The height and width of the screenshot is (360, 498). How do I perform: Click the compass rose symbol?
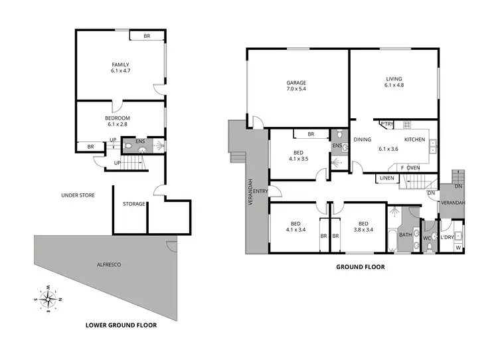[x=48, y=299]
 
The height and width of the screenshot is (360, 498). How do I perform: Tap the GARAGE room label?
[x=296, y=83]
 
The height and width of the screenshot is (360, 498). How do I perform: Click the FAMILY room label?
[x=120, y=64]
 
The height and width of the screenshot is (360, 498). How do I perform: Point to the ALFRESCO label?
[x=108, y=264]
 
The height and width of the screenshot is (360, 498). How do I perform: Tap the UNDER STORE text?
[x=78, y=195]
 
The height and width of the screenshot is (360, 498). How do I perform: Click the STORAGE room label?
[x=133, y=204]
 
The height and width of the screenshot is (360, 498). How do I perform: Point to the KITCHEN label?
[x=414, y=139]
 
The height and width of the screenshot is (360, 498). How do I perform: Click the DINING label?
[x=362, y=139]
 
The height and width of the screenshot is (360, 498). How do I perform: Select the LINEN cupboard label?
[x=386, y=178]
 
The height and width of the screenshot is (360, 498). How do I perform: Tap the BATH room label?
[x=404, y=234]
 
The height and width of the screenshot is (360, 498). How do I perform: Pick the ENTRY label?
[x=260, y=191]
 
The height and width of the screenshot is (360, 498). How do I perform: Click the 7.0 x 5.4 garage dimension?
[x=296, y=90]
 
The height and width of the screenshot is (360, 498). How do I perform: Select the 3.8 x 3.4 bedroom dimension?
[x=363, y=230]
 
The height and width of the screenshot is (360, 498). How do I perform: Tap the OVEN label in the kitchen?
[x=413, y=167]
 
